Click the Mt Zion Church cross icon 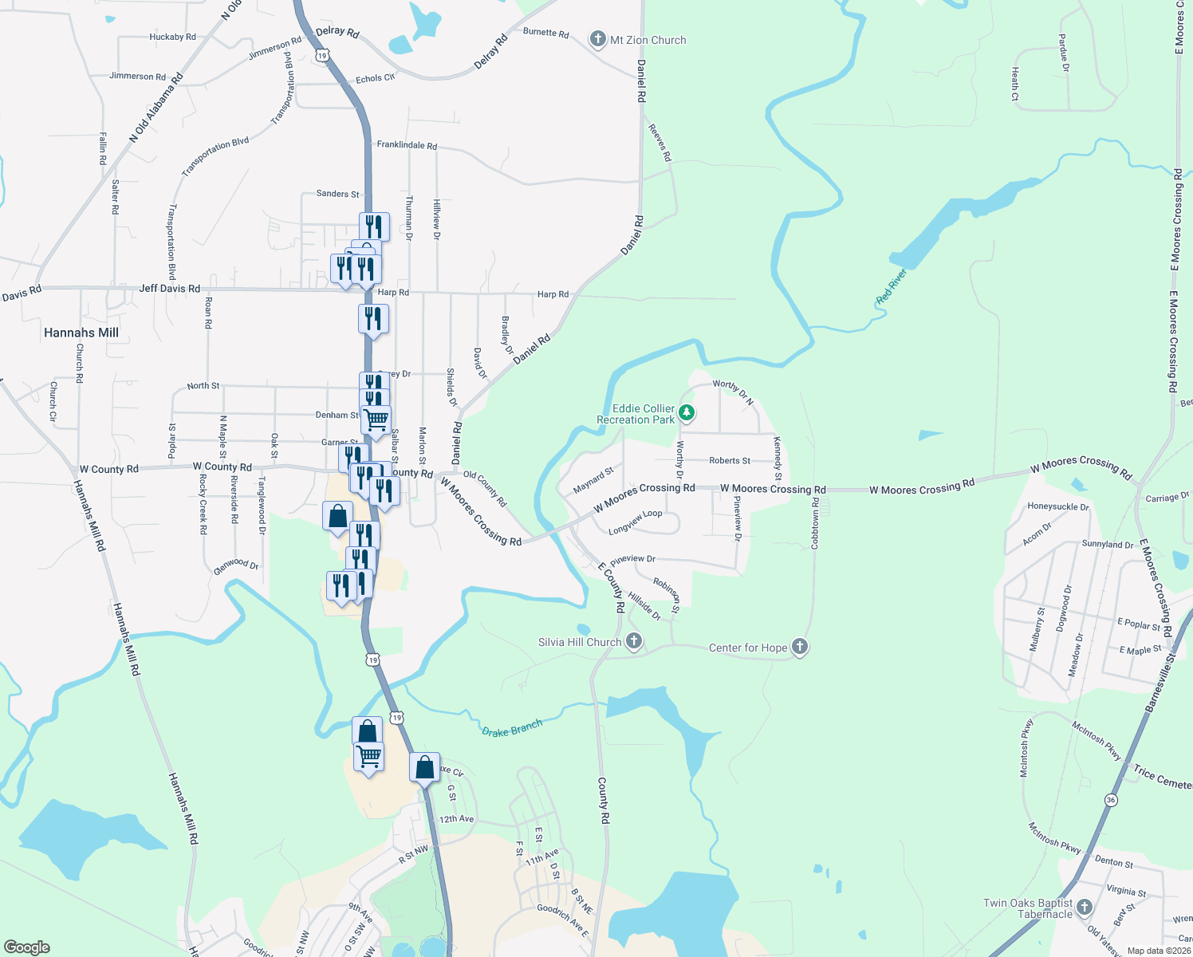coord(598,39)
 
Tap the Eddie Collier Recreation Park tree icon coord(687,413)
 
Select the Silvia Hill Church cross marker coord(634,641)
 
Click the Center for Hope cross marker coord(800,648)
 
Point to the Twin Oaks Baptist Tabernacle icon coord(1084,907)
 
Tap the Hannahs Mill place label coord(81,333)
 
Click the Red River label coord(892,286)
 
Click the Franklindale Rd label coord(407,145)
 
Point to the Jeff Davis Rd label coord(169,289)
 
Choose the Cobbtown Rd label coord(815,523)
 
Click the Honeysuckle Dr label coord(1057,506)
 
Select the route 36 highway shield coord(1111,799)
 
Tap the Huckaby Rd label coord(172,37)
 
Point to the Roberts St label coord(730,460)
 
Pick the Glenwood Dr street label coord(236,565)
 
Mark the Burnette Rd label coord(546,33)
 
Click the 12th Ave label coord(456,819)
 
